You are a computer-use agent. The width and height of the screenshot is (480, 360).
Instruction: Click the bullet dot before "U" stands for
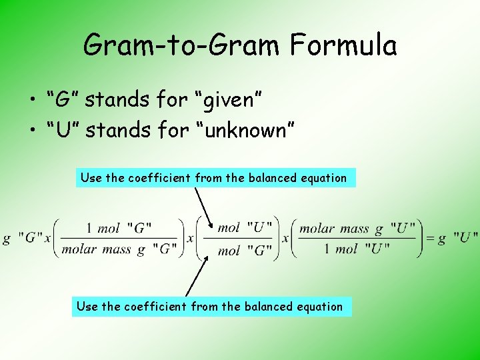pyautogui.click(x=31, y=131)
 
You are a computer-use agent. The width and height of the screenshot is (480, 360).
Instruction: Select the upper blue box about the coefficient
pyautogui.click(x=215, y=178)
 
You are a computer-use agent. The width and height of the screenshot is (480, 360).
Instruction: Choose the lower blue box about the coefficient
pyautogui.click(x=211, y=307)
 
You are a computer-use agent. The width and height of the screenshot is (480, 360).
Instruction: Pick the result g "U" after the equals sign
pyautogui.click(x=458, y=238)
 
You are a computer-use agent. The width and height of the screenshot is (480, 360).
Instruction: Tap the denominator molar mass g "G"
pyautogui.click(x=119, y=250)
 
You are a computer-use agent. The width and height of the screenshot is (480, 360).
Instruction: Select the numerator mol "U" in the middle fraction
pyautogui.click(x=245, y=228)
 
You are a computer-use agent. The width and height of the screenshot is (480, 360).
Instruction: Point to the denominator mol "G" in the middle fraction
pyautogui.click(x=245, y=251)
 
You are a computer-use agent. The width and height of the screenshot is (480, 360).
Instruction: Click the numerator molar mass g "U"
pyautogui.click(x=357, y=229)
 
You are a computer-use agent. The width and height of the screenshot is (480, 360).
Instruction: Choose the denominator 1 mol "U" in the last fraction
pyautogui.click(x=357, y=250)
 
